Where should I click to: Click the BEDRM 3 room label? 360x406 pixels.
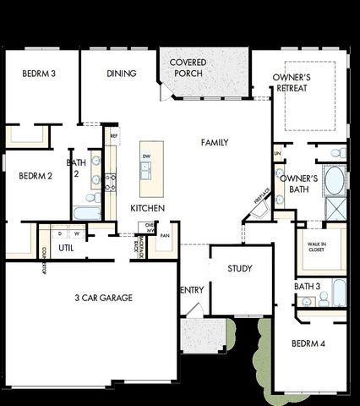(39, 74)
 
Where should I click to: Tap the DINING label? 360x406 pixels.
(122, 74)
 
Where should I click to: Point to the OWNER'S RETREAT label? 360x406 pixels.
(292, 83)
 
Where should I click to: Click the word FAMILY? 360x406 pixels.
(215, 143)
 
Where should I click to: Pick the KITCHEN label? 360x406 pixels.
(147, 208)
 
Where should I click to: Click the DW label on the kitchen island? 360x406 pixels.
(146, 156)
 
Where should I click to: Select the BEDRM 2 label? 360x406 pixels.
(35, 177)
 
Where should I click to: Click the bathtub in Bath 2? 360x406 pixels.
(87, 211)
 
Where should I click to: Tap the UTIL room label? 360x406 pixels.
(66, 248)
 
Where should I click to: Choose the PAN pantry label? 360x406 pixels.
(165, 236)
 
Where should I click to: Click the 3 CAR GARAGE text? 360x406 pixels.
(100, 298)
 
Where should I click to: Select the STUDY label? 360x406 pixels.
(240, 269)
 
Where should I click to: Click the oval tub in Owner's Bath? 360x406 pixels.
(334, 180)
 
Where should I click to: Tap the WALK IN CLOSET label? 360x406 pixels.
(315, 245)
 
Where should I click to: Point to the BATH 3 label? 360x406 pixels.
(307, 287)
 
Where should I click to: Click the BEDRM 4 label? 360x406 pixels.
(308, 344)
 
